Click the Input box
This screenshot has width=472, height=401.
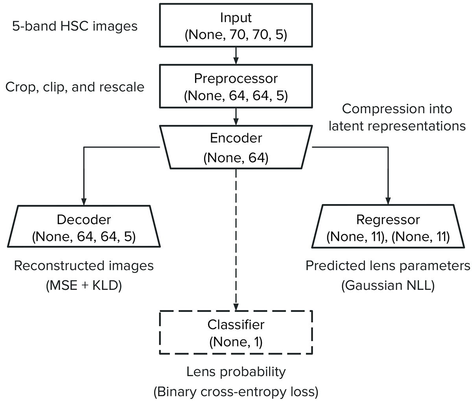click(236, 26)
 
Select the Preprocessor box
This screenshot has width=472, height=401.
click(236, 86)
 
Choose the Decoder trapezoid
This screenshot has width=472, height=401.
click(84, 226)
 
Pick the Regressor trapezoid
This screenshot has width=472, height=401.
click(388, 226)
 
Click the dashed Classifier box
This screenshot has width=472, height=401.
click(236, 332)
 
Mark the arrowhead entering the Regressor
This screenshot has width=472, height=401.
click(388, 201)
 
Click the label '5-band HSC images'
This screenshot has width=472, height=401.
click(75, 26)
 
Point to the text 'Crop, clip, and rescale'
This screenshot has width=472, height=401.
click(75, 87)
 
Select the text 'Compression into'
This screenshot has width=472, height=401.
click(397, 109)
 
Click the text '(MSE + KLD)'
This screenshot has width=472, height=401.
click(84, 285)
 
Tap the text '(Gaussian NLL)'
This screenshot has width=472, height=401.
click(388, 285)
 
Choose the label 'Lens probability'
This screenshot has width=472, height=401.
click(236, 371)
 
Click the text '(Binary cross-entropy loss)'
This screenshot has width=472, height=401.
click(236, 392)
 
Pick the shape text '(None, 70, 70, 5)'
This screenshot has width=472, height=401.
click(236, 35)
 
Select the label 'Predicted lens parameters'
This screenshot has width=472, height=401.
click(388, 266)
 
